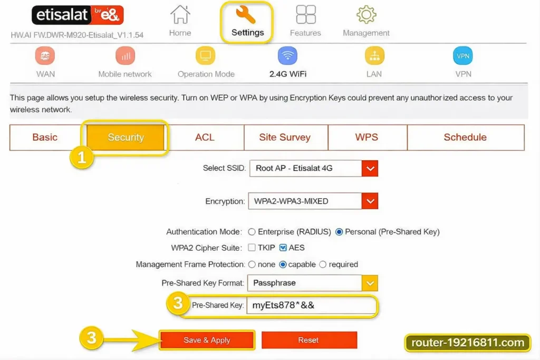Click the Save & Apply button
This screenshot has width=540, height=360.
(207, 340)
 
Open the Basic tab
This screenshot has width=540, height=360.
(45, 138)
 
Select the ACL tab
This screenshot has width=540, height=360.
(205, 138)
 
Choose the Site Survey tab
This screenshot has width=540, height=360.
(285, 138)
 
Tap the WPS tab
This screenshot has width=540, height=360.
(367, 138)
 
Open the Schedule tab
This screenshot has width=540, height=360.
(466, 138)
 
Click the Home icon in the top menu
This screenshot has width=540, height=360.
(180, 14)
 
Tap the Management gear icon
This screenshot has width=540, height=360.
(366, 14)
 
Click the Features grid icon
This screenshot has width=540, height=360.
(306, 14)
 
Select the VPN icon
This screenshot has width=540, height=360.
(463, 56)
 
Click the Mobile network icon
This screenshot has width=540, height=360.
(126, 56)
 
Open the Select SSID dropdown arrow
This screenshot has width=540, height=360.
(370, 168)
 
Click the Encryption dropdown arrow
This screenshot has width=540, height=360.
(370, 201)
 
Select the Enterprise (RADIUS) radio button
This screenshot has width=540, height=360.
(252, 232)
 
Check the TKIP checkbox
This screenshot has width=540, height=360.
(252, 247)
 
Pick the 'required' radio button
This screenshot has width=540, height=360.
(323, 264)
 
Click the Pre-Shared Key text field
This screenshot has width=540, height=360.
(312, 305)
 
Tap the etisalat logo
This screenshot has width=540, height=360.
(78, 15)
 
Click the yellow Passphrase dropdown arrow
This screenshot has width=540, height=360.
(370, 283)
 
